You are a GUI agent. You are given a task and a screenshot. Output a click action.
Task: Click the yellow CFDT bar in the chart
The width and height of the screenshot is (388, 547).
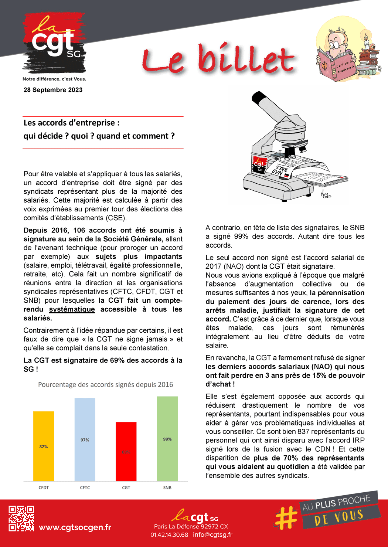[x=44, y=446]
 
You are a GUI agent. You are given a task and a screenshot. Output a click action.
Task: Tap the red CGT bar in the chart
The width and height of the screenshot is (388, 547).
[x=126, y=451]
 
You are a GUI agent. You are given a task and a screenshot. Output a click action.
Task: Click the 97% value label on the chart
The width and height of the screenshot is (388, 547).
[x=85, y=440]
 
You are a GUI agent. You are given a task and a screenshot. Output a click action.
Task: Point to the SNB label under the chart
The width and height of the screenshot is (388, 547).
[x=167, y=488]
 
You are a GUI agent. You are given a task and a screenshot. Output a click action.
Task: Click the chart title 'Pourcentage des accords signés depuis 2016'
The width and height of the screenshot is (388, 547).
[x=105, y=385]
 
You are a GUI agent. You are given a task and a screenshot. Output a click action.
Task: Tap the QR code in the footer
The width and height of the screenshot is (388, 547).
[x=21, y=519]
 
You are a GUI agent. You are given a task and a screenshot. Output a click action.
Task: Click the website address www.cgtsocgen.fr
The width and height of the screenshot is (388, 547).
[x=75, y=527]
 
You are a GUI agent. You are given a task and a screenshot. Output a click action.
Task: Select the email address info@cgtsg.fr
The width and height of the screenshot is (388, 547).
[x=212, y=535]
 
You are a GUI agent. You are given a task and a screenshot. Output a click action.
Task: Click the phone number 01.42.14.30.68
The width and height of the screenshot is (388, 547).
[x=169, y=535]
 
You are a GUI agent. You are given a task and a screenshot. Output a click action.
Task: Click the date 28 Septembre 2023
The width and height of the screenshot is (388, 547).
[x=53, y=90]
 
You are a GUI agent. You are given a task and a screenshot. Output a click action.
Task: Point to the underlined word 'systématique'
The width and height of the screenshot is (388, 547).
[x=72, y=309]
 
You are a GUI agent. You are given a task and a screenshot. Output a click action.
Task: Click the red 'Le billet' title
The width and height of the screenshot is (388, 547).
[x=218, y=59]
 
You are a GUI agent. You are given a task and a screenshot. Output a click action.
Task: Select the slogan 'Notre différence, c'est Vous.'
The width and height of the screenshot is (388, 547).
[x=54, y=79]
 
